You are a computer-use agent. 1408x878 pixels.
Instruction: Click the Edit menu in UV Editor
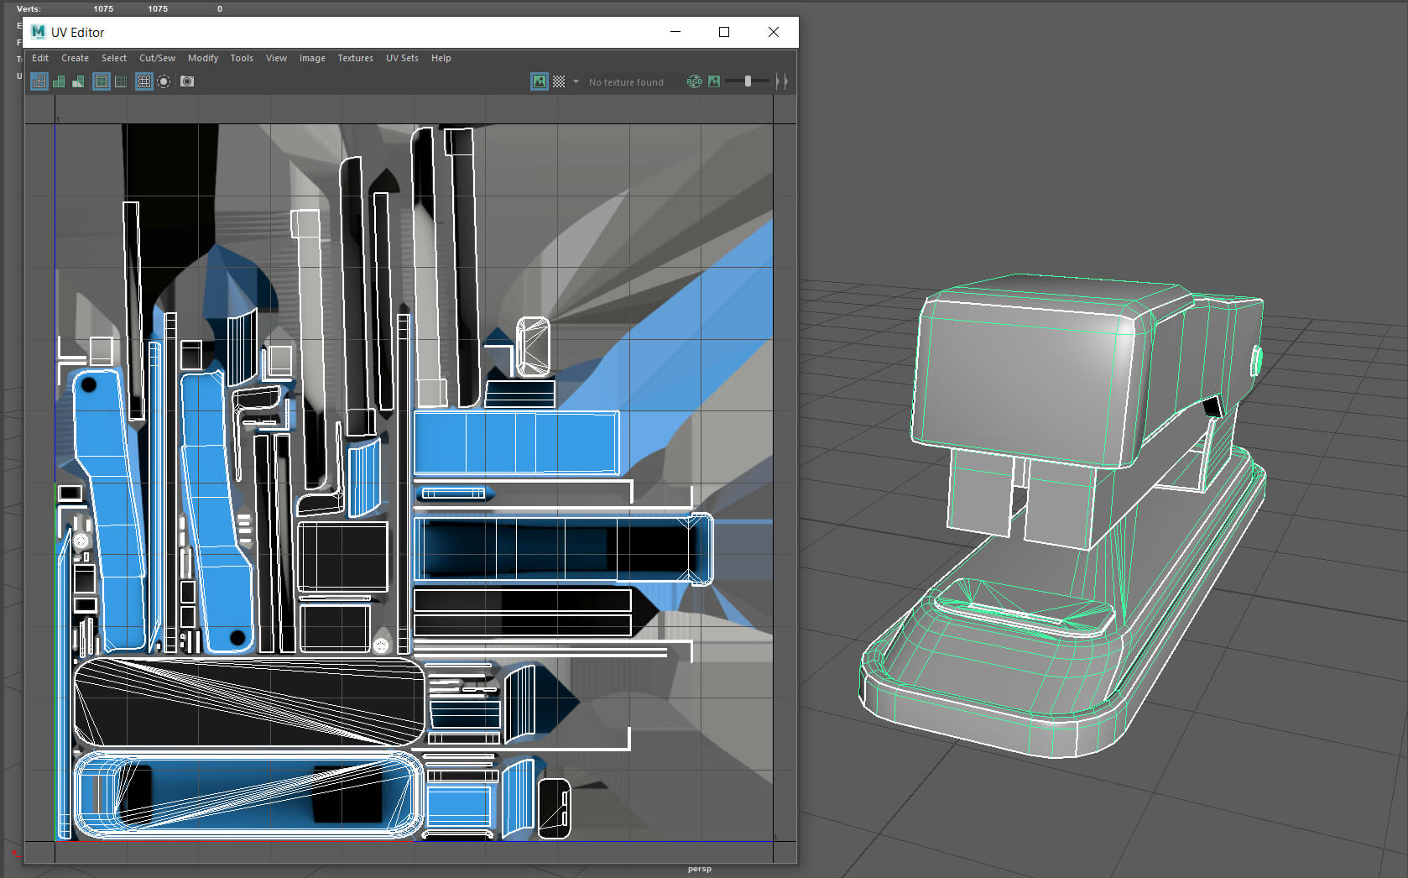pos(40,58)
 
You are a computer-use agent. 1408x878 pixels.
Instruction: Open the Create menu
pos(75,58)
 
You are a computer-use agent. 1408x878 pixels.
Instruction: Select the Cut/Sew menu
pos(157,58)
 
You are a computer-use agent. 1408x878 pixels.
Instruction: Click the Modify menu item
pos(203,58)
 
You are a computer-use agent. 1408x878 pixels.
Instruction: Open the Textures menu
pos(355,58)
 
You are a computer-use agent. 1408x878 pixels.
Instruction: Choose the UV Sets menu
pos(402,58)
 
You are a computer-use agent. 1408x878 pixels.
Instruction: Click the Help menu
pos(441,58)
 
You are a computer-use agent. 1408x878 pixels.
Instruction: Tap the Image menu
pos(312,58)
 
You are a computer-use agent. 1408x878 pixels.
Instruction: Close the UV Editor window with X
pos(773,32)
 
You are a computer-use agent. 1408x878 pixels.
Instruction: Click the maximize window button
pos(723,32)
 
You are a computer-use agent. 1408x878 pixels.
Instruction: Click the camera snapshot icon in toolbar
pos(187,81)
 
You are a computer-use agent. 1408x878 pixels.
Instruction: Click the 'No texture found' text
pos(626,82)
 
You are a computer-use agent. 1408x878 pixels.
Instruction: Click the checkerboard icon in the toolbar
pos(559,81)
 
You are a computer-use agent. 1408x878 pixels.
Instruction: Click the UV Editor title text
pos(77,33)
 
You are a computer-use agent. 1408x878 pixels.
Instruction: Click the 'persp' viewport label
pos(699,869)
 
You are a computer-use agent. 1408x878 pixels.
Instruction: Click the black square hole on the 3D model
pos(1212,408)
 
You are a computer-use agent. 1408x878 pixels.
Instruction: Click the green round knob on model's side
pos(1256,361)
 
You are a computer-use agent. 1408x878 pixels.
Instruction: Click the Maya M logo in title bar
pos(38,32)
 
